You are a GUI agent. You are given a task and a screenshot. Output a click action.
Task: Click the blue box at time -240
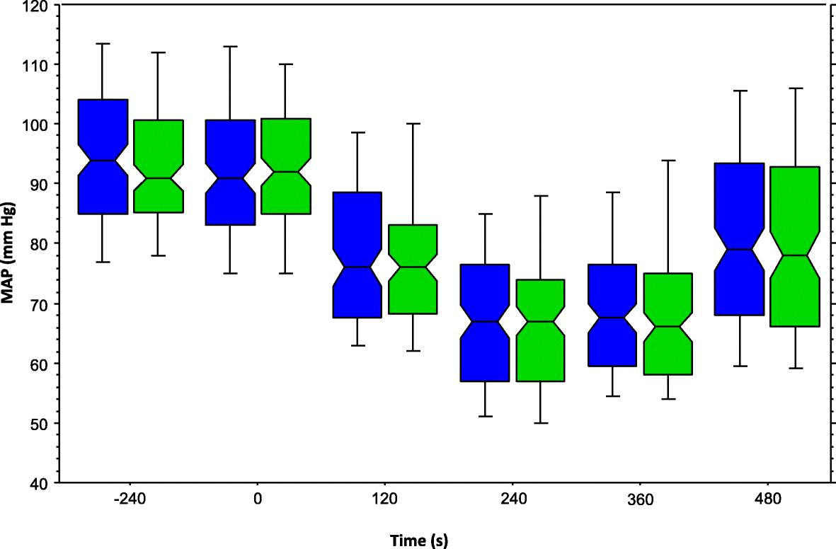(x=103, y=156)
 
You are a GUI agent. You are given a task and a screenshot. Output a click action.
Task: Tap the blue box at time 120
(x=357, y=255)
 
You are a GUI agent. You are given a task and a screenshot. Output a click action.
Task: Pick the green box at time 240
(x=541, y=330)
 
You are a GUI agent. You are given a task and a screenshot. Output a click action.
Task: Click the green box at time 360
(x=668, y=323)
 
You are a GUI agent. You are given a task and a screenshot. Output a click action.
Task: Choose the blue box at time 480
(x=739, y=239)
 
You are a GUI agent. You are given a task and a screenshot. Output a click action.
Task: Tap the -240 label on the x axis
(x=128, y=499)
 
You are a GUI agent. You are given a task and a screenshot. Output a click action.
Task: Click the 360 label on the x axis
(x=641, y=499)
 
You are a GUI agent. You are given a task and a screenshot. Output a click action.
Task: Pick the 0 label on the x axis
(x=258, y=499)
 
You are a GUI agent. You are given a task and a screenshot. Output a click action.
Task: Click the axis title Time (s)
(x=419, y=541)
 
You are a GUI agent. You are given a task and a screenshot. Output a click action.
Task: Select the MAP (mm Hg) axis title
(x=10, y=245)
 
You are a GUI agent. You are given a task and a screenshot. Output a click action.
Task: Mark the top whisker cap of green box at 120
(x=413, y=124)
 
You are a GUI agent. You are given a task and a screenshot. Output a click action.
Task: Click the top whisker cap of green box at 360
(x=668, y=161)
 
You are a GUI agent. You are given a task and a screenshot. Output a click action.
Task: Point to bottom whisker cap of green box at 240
(x=541, y=423)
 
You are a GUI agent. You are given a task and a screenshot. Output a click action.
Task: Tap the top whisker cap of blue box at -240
(x=103, y=44)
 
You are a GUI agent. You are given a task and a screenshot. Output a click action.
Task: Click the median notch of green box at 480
(x=794, y=255)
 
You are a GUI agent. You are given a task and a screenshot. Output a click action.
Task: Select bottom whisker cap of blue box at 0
(x=230, y=273)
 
